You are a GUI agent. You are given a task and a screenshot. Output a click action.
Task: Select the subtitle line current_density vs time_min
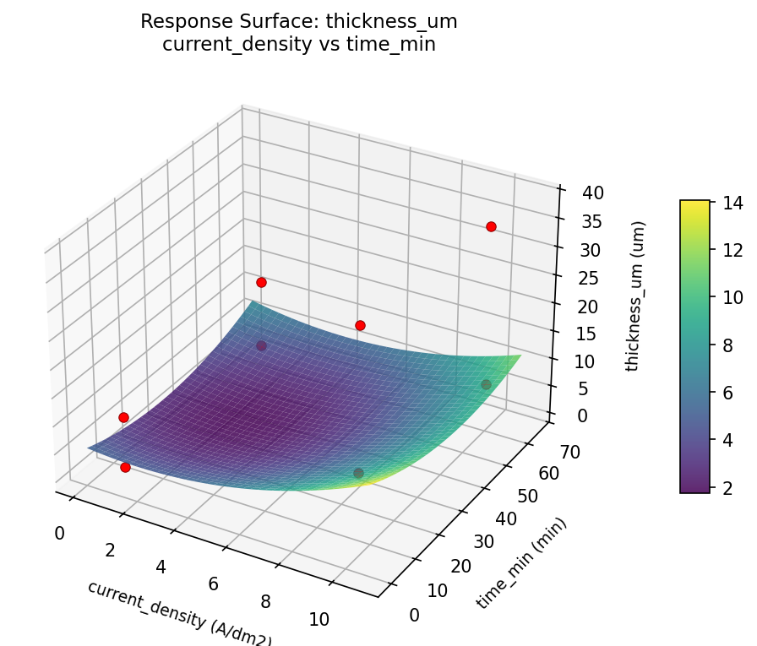[298, 45]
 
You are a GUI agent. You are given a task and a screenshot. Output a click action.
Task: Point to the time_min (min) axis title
[521, 562]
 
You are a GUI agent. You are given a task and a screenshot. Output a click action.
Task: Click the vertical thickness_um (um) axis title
[640, 296]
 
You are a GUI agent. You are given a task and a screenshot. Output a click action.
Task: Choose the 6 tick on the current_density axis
[213, 584]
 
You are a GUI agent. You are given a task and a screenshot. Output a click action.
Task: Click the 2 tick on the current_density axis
[110, 550]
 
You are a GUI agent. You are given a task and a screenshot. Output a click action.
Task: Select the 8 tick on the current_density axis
[265, 601]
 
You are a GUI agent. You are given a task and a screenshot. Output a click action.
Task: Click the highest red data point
[491, 226]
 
